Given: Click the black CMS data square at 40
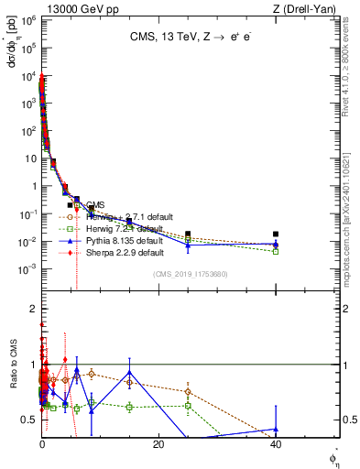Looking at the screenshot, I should pos(276,234).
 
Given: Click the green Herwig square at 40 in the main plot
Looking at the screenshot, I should pos(276,251).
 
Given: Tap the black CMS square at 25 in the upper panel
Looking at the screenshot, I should pos(188,234).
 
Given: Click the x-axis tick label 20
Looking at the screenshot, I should pos(158,444).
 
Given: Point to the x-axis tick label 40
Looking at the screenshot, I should pos(276,444).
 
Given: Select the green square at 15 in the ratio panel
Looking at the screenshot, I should pos(130,407).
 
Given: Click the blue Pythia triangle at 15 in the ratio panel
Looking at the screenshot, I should pos(130,373).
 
